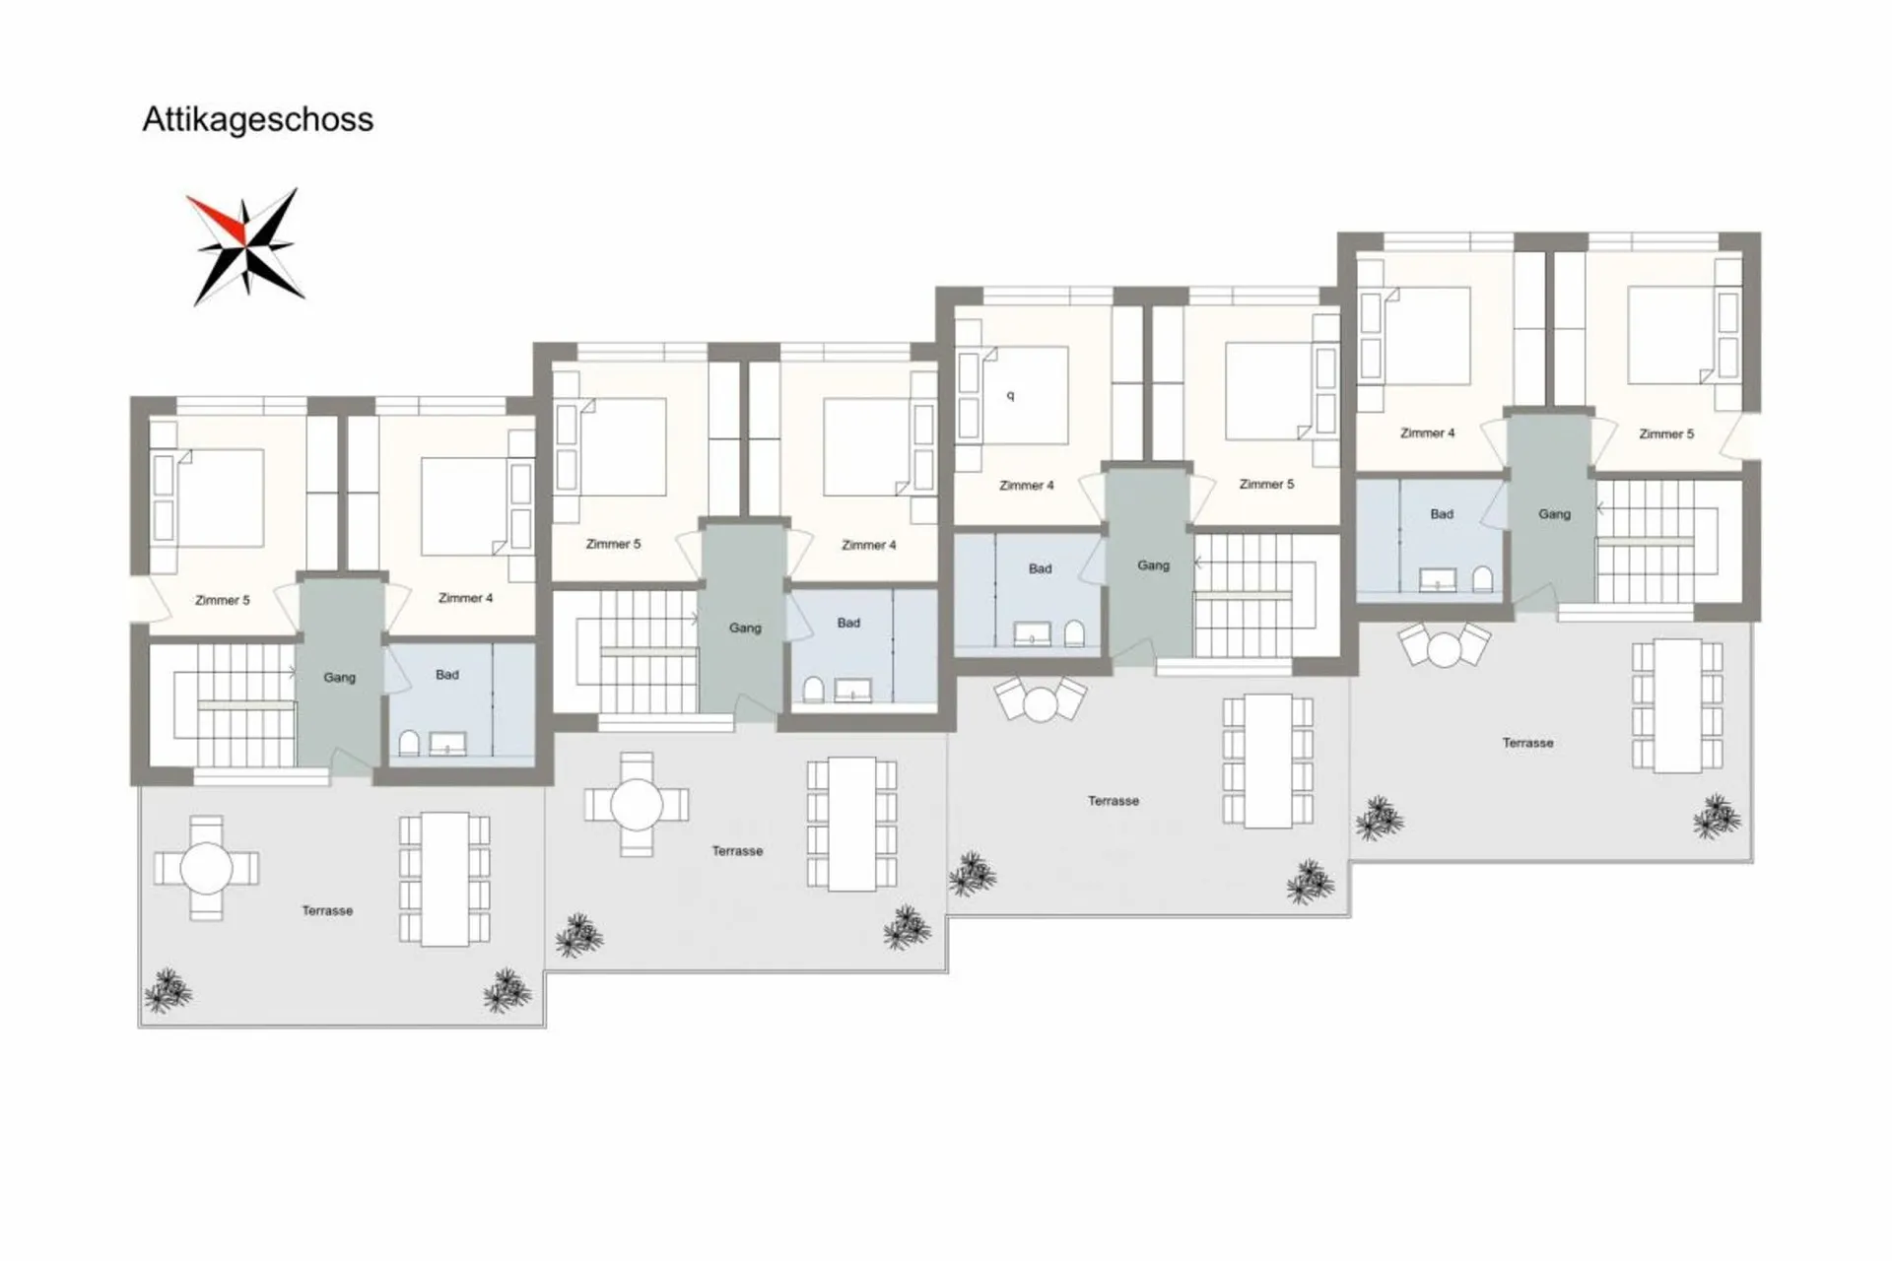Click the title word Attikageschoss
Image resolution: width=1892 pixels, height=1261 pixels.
tap(258, 120)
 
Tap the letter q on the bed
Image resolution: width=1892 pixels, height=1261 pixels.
tap(1010, 396)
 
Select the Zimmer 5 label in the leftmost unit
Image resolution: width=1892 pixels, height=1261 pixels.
tap(223, 600)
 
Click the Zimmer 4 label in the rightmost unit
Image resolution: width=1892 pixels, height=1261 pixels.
tap(1427, 432)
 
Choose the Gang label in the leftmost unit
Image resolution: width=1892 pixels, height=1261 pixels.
tap(340, 678)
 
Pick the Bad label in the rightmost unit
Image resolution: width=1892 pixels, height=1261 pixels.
tap(1442, 513)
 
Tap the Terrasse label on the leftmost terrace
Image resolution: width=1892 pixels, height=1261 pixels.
tap(327, 911)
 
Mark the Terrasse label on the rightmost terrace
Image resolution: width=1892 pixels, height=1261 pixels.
tap(1527, 743)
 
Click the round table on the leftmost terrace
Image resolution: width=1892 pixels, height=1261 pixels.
tap(207, 869)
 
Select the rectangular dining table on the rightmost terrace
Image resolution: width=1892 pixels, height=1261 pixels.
tap(1677, 705)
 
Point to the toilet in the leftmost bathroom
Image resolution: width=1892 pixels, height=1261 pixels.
tap(409, 743)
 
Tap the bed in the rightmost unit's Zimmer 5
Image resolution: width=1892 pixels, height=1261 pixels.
tap(1672, 335)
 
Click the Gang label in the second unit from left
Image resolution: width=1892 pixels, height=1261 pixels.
tap(745, 628)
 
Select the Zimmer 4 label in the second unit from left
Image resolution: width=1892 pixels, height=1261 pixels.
tap(869, 545)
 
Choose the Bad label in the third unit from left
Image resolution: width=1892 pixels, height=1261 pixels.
tap(1041, 568)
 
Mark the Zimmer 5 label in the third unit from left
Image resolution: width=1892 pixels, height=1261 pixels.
tap(1266, 484)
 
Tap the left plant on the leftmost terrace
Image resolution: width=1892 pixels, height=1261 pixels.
tap(168, 990)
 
